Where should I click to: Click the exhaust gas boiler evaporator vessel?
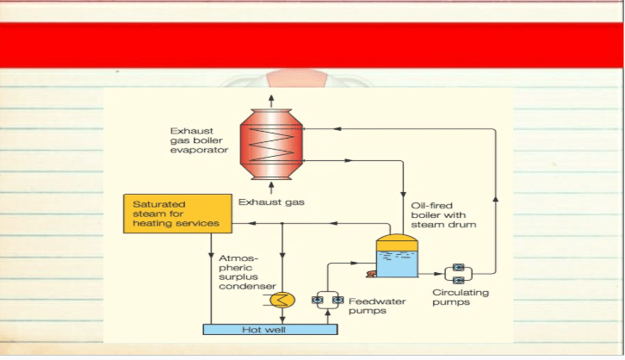[271, 145]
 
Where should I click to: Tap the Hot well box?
[270, 329]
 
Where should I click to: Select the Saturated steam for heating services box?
[178, 214]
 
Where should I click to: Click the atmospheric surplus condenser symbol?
[282, 300]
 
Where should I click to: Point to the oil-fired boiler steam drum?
[397, 255]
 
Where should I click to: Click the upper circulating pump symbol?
[458, 267]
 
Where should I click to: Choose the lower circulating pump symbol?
[458, 280]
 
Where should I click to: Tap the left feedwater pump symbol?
[318, 300]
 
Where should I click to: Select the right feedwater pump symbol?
[338, 300]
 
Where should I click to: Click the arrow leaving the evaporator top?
[271, 101]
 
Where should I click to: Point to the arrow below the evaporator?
[271, 188]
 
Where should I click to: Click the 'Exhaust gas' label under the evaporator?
[271, 202]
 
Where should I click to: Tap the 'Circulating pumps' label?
[461, 297]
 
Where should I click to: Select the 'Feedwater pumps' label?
[377, 306]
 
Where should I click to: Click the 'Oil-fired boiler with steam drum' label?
[443, 215]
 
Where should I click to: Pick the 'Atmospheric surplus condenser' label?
[247, 272]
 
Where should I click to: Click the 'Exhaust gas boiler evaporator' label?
[199, 140]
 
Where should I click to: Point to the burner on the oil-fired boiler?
[371, 274]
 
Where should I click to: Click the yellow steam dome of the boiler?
[397, 242]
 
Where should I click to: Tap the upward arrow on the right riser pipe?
[496, 199]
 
